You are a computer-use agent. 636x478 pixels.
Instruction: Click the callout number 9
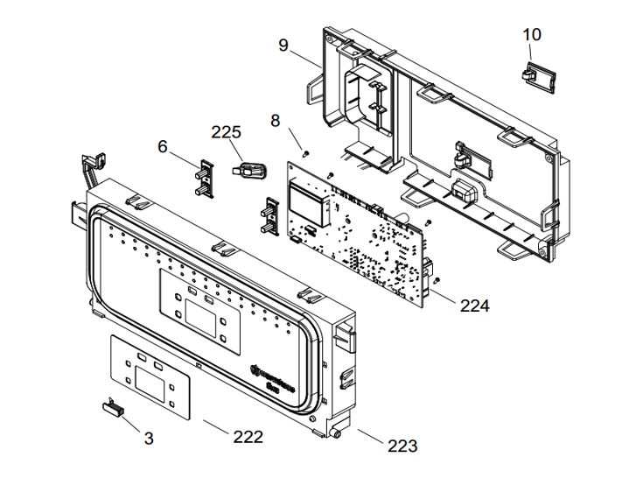coord(283,45)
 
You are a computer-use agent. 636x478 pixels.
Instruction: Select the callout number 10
coord(532,34)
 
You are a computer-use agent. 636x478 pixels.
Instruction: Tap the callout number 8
coord(276,121)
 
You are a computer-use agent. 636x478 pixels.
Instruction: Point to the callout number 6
coord(163,146)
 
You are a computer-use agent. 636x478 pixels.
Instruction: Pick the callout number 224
coord(474,306)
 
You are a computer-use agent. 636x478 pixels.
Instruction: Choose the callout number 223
coord(402,446)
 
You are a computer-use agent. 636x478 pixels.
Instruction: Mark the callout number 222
coord(248,436)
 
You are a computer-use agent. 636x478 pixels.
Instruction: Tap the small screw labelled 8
coord(304,152)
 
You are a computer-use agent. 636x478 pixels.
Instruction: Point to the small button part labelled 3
coord(112,404)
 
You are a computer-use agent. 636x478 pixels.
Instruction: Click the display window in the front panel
coord(203,317)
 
